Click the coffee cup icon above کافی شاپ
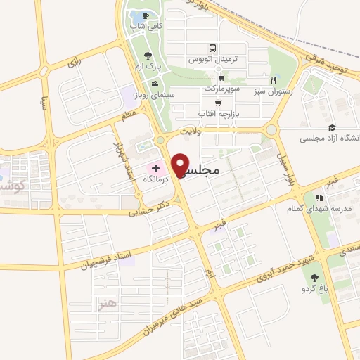tap(146, 16)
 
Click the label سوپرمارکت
tap(223, 89)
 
